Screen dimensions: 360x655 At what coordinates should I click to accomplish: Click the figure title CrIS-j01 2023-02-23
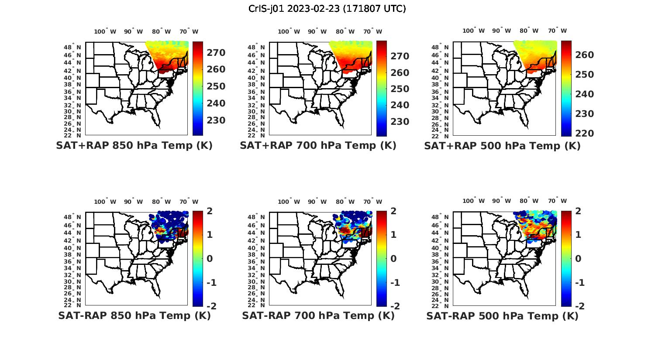327,9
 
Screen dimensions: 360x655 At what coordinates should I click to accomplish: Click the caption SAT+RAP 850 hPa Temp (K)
134,145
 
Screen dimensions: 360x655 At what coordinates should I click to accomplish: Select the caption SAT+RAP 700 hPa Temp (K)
318,145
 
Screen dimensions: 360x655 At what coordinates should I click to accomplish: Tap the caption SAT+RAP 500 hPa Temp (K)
502,146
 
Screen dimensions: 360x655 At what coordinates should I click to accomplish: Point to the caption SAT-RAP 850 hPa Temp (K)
134,315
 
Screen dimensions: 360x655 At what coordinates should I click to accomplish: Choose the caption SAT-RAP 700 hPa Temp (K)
318,315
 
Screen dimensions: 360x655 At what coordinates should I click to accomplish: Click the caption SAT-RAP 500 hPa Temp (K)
502,316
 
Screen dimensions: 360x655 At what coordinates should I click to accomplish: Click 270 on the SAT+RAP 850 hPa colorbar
216,53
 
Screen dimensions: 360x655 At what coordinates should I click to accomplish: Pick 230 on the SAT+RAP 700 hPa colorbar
400,122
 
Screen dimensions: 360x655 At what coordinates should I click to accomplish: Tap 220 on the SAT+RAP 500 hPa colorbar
585,134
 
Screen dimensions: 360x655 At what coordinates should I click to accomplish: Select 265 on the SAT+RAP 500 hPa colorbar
585,55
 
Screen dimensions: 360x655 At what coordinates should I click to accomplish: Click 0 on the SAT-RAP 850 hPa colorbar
209,259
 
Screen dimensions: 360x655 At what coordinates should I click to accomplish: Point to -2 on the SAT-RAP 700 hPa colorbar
394,306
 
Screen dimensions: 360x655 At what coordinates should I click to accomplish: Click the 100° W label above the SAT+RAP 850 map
105,31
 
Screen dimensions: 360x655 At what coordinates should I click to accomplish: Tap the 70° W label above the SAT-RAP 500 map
557,201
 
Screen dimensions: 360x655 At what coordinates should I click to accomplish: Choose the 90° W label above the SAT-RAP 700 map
317,202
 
